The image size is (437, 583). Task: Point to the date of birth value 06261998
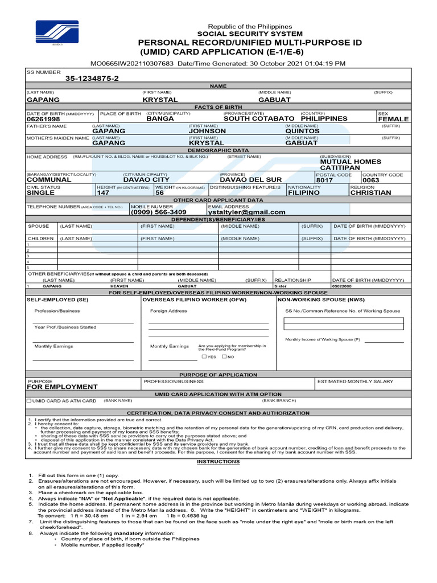[x=43, y=119]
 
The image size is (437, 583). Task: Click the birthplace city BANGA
[x=160, y=118]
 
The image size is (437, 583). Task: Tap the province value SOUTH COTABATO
[x=259, y=118]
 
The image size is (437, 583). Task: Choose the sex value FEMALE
[x=393, y=119]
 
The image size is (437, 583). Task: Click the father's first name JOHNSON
[x=207, y=131]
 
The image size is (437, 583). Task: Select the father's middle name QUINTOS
[x=302, y=131]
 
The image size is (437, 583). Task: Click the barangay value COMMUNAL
[x=49, y=179]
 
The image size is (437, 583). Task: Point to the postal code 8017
[x=324, y=180]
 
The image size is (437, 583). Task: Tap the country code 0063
[x=371, y=180]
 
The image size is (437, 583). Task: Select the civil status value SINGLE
[x=41, y=192]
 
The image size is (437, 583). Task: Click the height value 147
[x=103, y=192]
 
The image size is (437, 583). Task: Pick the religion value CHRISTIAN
[x=370, y=192]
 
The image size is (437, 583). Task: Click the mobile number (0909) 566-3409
[x=158, y=212]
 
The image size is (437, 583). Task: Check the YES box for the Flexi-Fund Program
[x=204, y=356]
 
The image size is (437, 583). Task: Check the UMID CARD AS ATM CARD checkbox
[x=30, y=401]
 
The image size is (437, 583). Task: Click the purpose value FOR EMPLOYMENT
[x=62, y=387]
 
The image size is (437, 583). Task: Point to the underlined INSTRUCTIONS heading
[x=218, y=462]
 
